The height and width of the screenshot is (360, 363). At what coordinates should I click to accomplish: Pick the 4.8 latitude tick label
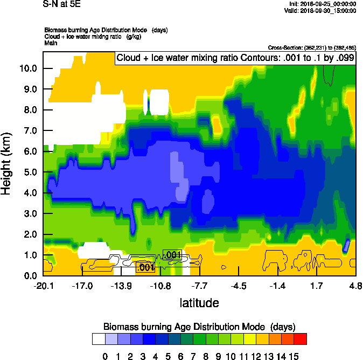[x=355, y=286]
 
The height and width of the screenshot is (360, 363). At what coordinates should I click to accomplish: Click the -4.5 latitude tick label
[x=239, y=286]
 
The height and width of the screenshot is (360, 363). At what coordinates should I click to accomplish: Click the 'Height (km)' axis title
[x=8, y=164]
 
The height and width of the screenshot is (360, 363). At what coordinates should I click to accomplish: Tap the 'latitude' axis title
[x=199, y=303]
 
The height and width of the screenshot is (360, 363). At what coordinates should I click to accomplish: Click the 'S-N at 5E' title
[x=62, y=4]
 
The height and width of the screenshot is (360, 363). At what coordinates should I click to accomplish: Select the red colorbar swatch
[x=301, y=338]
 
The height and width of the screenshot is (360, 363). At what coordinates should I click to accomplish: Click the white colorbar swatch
[x=99, y=338]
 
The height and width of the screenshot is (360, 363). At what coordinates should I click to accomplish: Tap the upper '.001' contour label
[x=172, y=255]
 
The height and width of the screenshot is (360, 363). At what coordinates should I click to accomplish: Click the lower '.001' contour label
[x=145, y=267]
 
